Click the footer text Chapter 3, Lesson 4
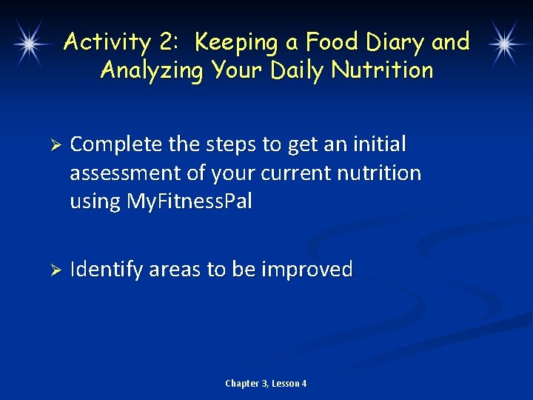click(x=266, y=384)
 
